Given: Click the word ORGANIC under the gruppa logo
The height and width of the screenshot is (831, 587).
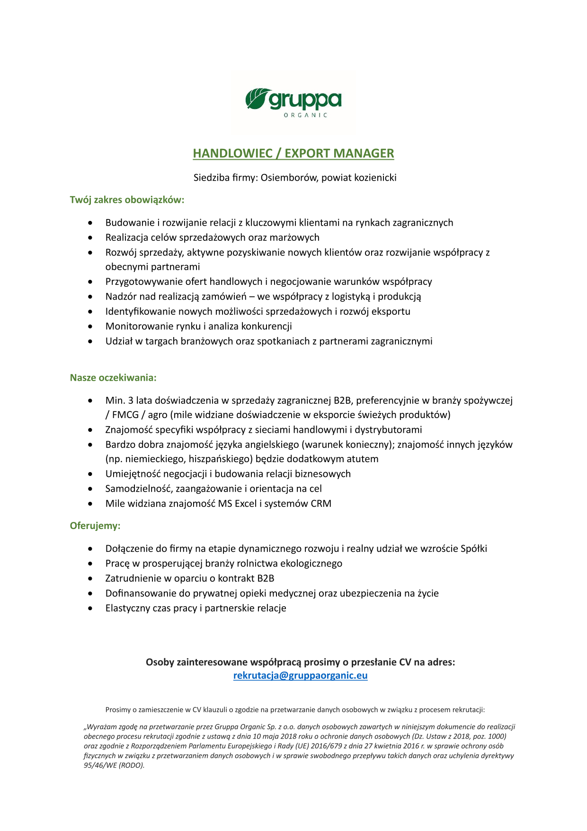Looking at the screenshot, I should [305, 115].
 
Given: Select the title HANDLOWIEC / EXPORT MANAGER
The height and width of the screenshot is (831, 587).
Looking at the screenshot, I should [293, 154].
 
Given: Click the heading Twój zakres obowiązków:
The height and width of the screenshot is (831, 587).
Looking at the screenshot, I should [127, 200].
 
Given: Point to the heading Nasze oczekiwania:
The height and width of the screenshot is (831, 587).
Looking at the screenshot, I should [113, 378].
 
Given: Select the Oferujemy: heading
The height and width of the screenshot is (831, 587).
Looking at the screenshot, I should [95, 526].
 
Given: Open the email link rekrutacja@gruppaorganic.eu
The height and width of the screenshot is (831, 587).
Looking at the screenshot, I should [300, 676].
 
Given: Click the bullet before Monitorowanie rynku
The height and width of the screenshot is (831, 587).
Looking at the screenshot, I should [90, 327].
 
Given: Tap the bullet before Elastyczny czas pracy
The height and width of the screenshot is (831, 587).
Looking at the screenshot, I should [90, 609].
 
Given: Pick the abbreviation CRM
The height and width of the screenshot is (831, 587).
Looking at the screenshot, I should [321, 503].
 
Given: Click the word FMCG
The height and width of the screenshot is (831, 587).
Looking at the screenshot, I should [125, 415].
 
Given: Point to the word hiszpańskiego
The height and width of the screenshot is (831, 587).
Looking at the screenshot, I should [221, 459].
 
